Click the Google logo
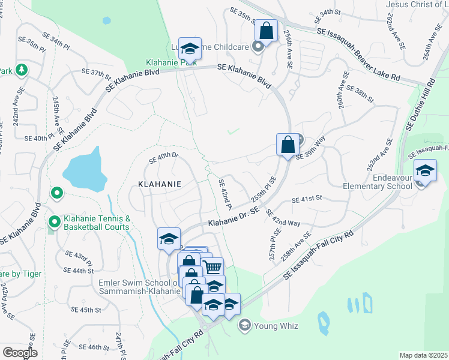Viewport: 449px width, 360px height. [x=20, y=353]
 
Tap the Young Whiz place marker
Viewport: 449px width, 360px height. [x=244, y=326]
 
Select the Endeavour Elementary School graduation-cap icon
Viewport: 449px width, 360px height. [x=425, y=172]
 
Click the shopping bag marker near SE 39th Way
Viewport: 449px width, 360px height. [x=288, y=145]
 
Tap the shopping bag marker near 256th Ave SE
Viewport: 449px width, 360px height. [x=265, y=31]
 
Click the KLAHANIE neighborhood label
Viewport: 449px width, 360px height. [x=160, y=184]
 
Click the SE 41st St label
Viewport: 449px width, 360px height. [x=307, y=199]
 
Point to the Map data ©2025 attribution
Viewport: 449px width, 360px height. [x=423, y=355]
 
